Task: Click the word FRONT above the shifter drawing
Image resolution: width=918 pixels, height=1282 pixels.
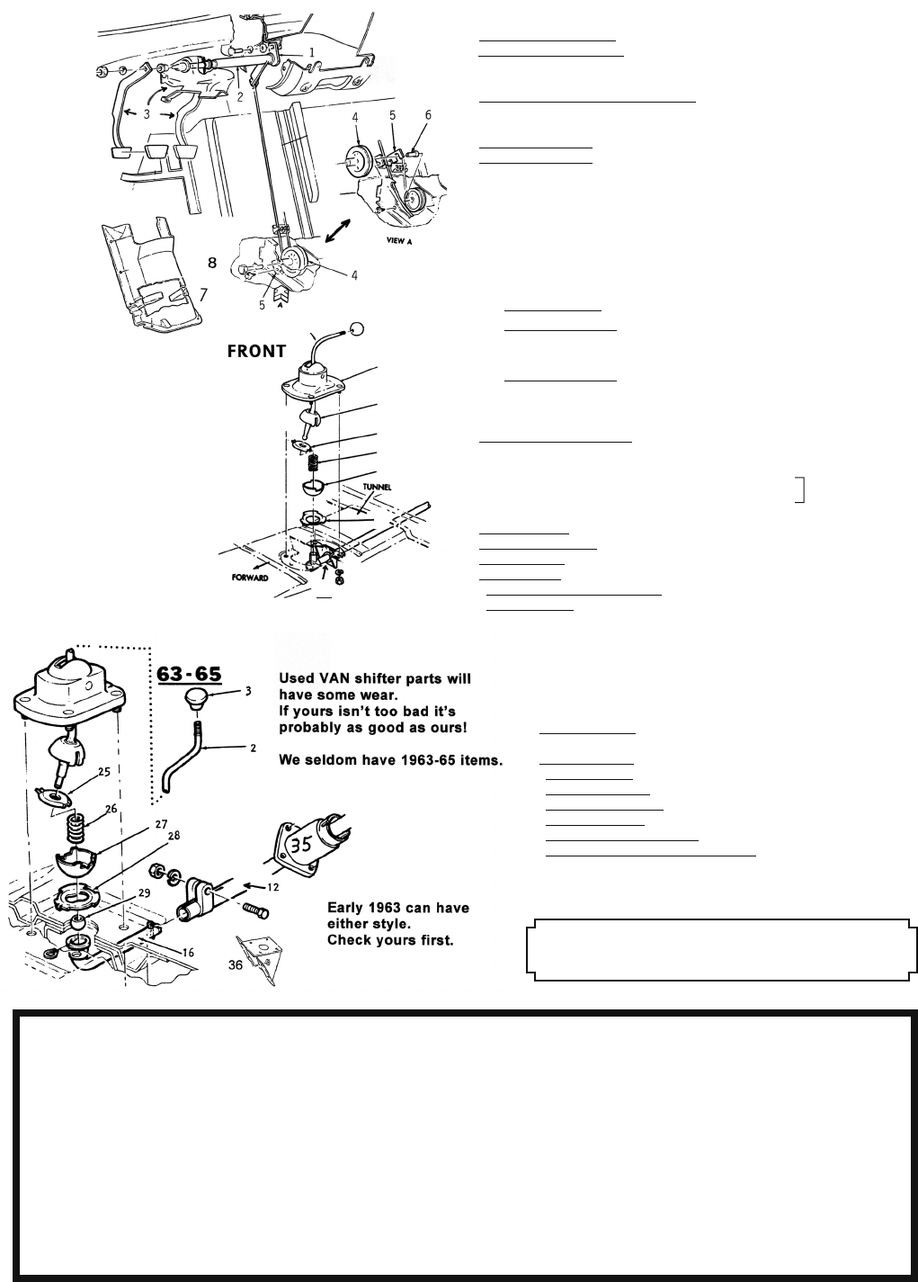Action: pos(256,351)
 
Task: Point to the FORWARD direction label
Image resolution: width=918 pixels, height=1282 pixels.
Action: pos(245,578)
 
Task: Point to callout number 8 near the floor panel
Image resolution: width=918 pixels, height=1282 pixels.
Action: pos(212,263)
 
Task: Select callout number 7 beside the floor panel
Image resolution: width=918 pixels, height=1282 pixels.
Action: pos(204,294)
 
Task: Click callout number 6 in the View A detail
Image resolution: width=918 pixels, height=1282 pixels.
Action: pos(428,115)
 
